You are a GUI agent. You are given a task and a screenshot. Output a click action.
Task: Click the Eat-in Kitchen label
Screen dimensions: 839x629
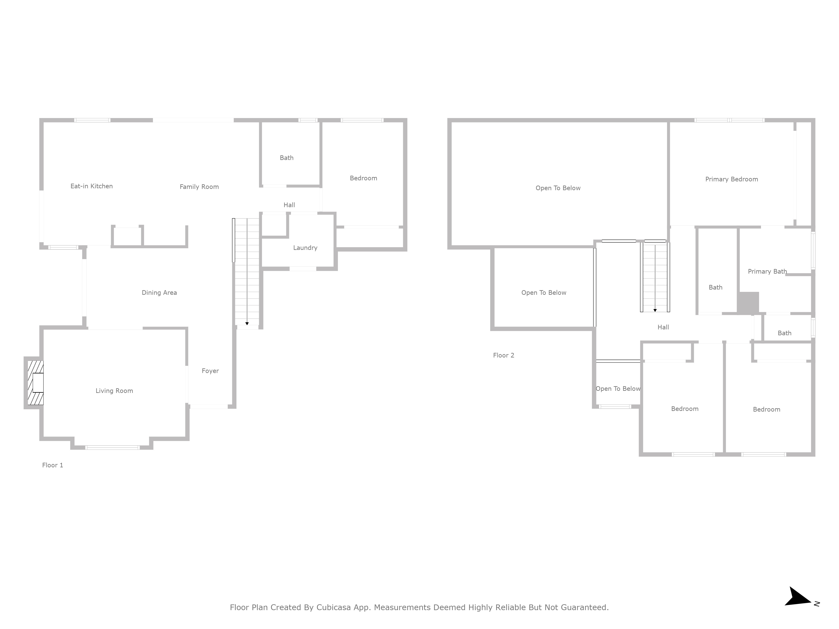[x=91, y=186]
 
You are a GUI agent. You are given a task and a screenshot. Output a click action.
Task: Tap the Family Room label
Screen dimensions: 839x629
[x=199, y=187]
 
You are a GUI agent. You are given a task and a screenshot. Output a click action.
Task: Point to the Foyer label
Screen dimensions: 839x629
[x=210, y=371]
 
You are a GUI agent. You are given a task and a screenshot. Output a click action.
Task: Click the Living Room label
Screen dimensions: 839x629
[x=114, y=391]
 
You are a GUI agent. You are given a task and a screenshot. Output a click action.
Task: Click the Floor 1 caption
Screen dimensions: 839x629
[x=53, y=465]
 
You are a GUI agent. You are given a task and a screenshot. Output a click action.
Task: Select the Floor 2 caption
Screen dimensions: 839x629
[x=504, y=355]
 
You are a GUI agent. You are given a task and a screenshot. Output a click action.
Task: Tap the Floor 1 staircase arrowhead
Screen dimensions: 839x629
[x=247, y=323]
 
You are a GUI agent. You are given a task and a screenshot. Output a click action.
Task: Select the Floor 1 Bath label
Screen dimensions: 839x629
[x=287, y=158]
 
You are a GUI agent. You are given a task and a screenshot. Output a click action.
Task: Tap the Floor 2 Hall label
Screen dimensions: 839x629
[x=663, y=327]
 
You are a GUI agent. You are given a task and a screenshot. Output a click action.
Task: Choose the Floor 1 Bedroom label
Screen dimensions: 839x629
[x=363, y=178]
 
